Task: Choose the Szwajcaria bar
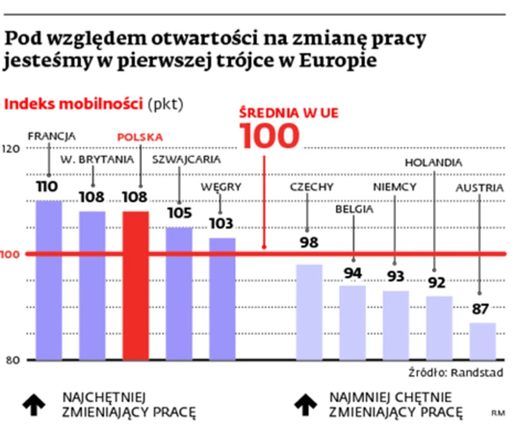coord(179,293)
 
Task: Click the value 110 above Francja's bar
coord(48,187)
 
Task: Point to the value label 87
coord(480,309)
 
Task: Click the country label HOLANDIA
coord(433,162)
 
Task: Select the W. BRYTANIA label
coord(98,158)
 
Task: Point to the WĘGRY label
coord(221,187)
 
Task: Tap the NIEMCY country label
coord(395,187)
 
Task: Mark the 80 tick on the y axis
coord(12,359)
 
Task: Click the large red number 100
coord(270,136)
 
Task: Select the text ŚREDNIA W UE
coord(288,112)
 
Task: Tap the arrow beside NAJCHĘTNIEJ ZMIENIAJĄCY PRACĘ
coord(34,403)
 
